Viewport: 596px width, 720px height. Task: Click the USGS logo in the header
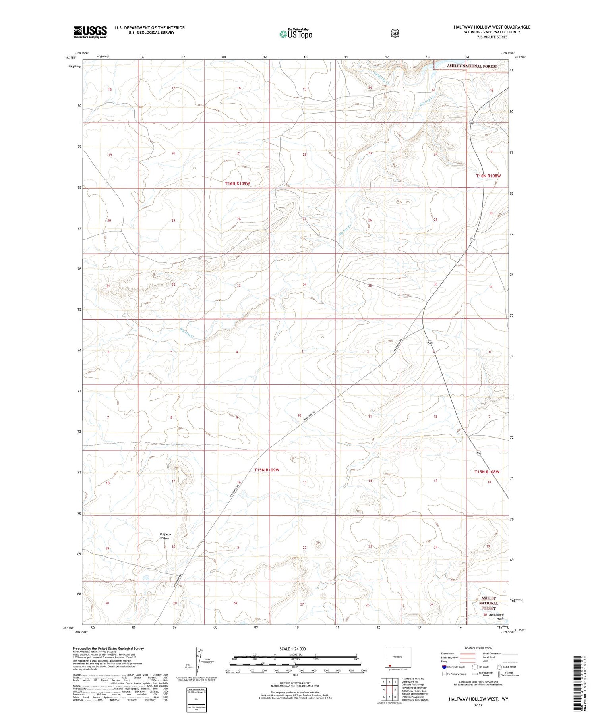[90, 32]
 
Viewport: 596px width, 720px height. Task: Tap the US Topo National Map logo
[296, 34]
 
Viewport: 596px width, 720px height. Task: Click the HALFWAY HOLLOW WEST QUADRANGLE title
[492, 27]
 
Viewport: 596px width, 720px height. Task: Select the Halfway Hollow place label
[165, 536]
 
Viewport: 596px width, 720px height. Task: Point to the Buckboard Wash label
[496, 616]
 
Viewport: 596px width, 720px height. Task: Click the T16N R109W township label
[238, 183]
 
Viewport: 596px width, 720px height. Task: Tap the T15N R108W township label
[487, 472]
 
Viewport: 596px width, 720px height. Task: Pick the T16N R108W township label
[488, 176]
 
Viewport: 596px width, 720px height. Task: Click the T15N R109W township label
[267, 470]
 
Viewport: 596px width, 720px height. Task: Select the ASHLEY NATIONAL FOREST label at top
[472, 66]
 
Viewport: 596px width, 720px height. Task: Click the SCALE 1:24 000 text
[292, 649]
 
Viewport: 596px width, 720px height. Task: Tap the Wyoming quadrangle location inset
[395, 658]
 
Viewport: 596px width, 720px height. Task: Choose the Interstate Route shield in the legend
[444, 667]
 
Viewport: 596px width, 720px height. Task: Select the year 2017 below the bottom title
[478, 705]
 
